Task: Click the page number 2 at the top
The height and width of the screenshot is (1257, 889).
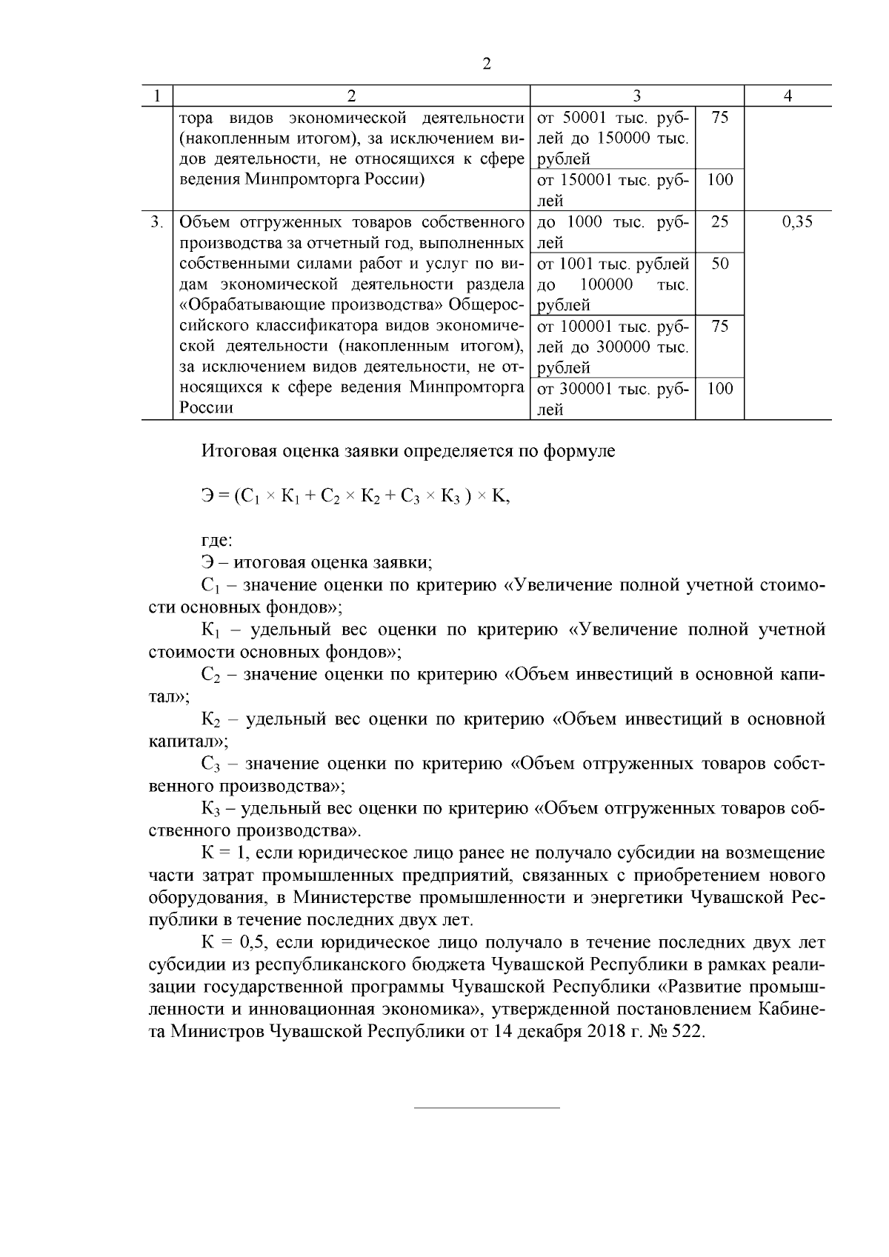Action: click(x=487, y=64)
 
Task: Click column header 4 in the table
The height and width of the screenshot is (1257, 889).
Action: click(x=788, y=96)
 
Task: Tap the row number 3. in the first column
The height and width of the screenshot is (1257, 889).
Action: click(x=156, y=221)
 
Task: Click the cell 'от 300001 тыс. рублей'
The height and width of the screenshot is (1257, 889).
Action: click(x=612, y=399)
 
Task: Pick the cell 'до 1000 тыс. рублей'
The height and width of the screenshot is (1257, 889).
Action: click(x=612, y=232)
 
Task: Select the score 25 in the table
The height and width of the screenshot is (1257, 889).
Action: click(x=719, y=221)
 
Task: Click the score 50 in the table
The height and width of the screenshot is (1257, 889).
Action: click(x=719, y=264)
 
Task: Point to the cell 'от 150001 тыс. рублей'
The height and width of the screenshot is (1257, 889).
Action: click(x=612, y=190)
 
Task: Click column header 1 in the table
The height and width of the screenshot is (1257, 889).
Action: click(x=156, y=96)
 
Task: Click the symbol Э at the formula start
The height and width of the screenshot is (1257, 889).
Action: click(x=207, y=497)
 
